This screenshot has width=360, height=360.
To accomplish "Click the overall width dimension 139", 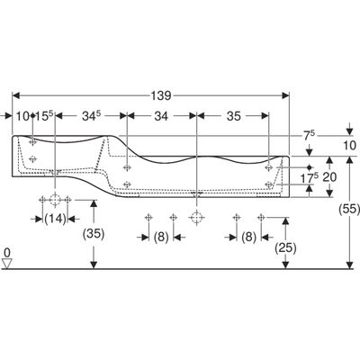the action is point(162,95).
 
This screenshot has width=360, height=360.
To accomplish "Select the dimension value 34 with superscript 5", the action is point(91,116).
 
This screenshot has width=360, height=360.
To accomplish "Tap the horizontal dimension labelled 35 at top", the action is point(233,116).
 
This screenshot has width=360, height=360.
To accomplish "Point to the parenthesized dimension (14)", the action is point(55,219).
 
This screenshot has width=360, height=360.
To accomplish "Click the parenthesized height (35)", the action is point(94,234).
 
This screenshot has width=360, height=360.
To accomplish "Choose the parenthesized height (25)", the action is point(285,248).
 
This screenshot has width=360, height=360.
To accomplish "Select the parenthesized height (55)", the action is point(349,209).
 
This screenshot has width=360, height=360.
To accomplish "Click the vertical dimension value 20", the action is point(329,177).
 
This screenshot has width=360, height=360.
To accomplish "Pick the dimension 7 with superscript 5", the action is point(309,136).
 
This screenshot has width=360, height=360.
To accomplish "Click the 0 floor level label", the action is point(7,252).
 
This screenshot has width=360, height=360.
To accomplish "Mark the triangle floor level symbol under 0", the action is point(7,264).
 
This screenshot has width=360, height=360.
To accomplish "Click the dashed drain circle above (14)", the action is point(55,199).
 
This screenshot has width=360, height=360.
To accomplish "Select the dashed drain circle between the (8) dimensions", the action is point(196,217).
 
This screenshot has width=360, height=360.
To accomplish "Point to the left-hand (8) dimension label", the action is point(161,238).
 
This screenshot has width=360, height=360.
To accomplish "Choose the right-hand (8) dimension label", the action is point(248,238).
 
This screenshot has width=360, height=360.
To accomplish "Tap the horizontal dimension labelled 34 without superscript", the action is point(161,116).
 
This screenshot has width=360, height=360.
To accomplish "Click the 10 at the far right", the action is point(349,146).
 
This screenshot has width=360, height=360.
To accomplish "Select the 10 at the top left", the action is point(23,116).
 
